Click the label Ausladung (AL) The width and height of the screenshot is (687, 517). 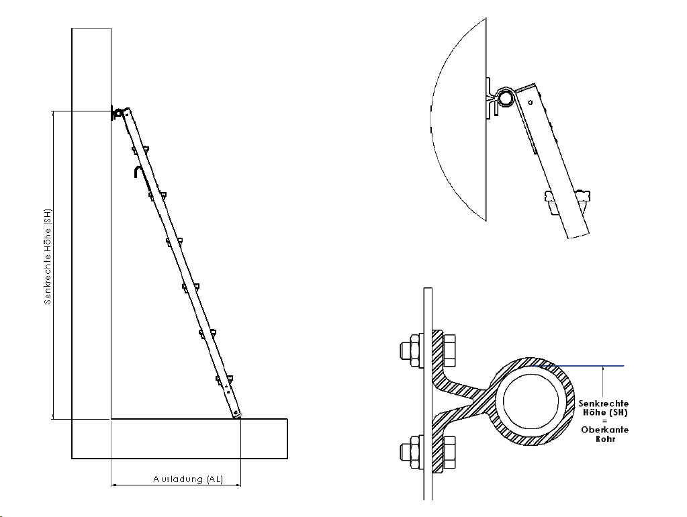tap(188, 479)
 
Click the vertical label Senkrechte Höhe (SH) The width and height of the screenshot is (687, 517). tap(48, 256)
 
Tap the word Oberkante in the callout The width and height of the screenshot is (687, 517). tap(604, 430)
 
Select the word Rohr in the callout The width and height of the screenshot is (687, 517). tap(606, 438)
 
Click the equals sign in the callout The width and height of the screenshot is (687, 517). tap(604, 421)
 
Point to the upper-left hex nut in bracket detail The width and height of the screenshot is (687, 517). tap(412, 350)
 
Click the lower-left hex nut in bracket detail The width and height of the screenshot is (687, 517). tap(412, 452)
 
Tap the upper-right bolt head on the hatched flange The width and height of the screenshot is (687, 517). tap(449, 350)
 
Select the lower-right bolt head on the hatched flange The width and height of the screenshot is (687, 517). tap(449, 452)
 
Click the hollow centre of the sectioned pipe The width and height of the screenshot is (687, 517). tap(531, 402)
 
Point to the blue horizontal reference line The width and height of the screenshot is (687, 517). tap(578, 365)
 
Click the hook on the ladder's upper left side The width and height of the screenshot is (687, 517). tap(137, 172)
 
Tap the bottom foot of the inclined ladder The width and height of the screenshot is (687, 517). tap(236, 414)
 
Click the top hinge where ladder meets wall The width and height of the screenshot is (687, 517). tap(118, 113)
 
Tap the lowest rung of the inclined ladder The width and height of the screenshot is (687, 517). tap(224, 379)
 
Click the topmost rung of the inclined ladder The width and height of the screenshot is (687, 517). tap(140, 150)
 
